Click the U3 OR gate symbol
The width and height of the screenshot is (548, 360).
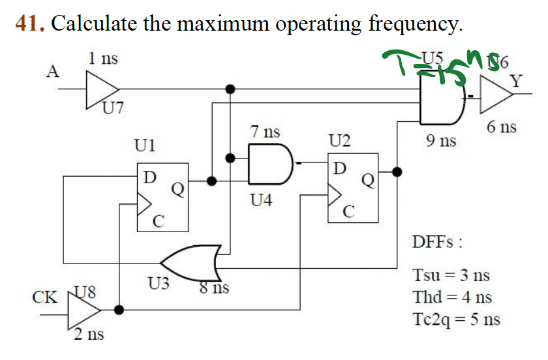[x=192, y=262]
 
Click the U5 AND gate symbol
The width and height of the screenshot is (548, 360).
[x=441, y=100]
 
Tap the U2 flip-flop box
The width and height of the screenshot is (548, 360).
[x=352, y=188]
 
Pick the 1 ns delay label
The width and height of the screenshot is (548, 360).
[x=103, y=58]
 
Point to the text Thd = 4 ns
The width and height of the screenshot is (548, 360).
[x=452, y=297]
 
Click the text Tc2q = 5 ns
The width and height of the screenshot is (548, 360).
[x=457, y=320]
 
